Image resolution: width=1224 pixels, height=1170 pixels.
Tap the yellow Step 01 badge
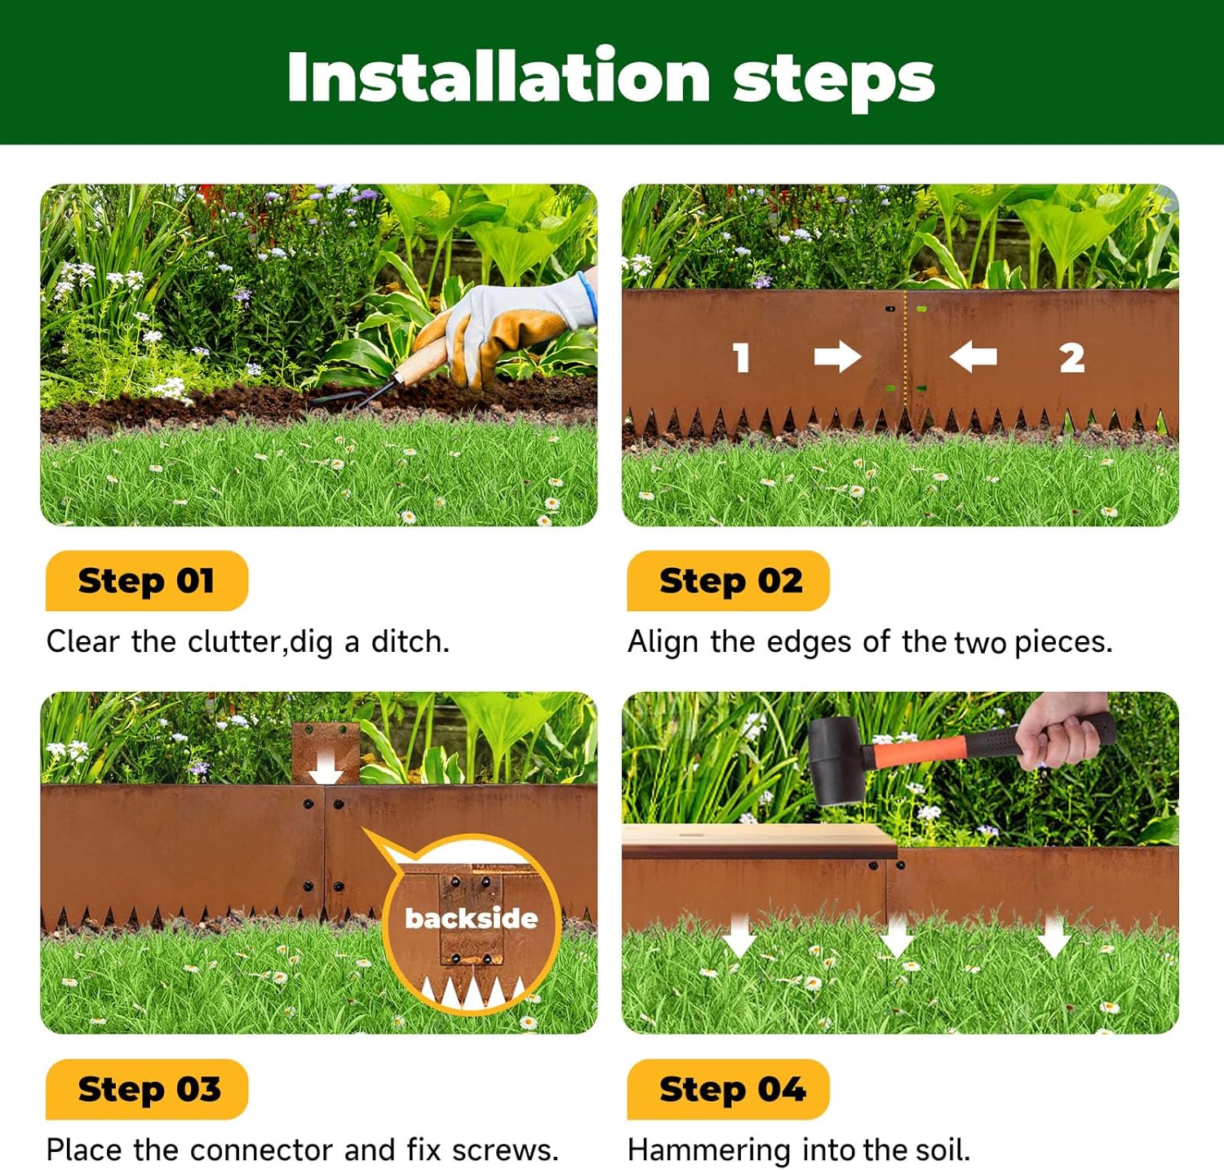(146, 581)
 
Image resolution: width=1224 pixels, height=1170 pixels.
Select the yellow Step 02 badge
(729, 581)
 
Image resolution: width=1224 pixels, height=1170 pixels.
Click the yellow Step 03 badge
(148, 1089)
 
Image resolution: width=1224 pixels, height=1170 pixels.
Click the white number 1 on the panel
(741, 357)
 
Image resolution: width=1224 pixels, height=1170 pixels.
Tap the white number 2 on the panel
(1071, 357)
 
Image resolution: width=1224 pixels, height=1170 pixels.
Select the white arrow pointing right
(837, 357)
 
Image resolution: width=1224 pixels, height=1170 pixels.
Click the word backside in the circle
(472, 919)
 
